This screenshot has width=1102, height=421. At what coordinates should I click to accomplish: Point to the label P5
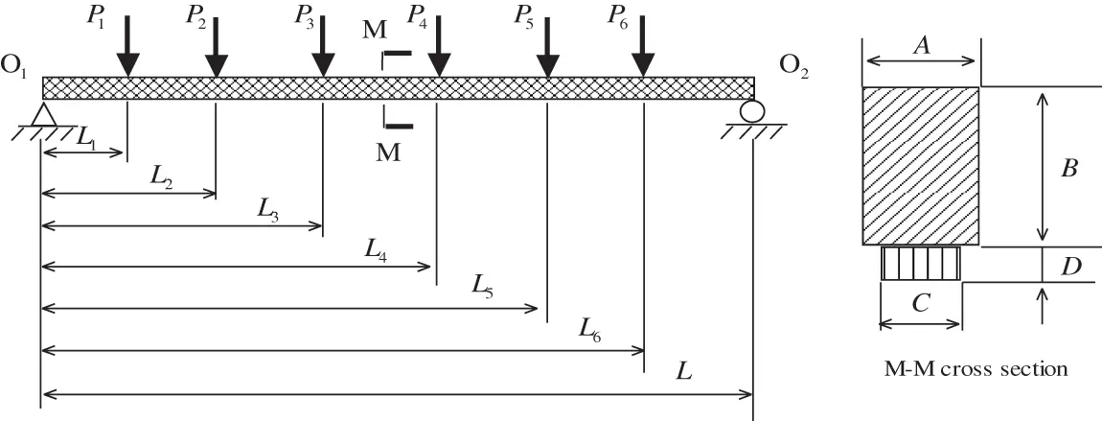coord(524,15)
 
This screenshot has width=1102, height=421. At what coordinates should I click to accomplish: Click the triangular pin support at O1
coord(40,114)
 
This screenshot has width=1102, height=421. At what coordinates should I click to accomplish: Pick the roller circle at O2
coord(750,111)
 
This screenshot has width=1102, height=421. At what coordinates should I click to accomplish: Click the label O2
coord(793,66)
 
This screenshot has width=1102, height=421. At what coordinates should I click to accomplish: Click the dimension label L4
coord(377,248)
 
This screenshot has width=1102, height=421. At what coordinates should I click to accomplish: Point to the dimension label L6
coord(591,328)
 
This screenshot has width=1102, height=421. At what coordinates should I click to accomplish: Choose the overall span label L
coord(683,371)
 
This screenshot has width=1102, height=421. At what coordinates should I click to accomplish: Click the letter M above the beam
coord(375,32)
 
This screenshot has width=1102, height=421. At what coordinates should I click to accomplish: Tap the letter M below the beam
coord(388,152)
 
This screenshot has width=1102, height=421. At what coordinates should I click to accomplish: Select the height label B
coord(1070,169)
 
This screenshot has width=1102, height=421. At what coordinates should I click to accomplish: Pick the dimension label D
coord(1072,265)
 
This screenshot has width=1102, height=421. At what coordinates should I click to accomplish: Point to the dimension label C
coord(919,304)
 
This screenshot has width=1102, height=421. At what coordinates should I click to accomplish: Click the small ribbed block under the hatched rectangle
coord(921,263)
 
